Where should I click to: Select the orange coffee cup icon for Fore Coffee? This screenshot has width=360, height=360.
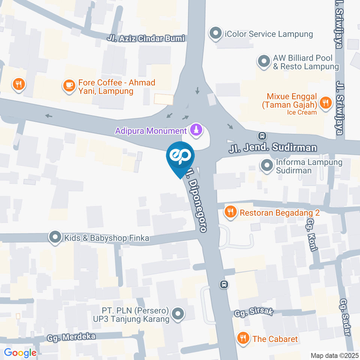(69, 85)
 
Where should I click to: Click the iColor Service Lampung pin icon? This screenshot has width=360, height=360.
(215, 34)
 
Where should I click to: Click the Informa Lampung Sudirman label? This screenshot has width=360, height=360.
(304, 166)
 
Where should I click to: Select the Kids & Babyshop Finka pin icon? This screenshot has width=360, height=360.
(55, 238)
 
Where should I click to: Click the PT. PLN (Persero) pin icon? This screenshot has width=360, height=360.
(178, 314)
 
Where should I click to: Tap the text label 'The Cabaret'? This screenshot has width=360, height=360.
(275, 339)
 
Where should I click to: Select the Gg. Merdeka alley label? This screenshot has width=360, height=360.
(71, 337)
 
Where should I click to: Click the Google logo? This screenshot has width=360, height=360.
(20, 352)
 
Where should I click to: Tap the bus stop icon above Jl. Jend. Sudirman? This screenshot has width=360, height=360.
(262, 135)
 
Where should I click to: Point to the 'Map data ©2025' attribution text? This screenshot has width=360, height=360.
(334, 355)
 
